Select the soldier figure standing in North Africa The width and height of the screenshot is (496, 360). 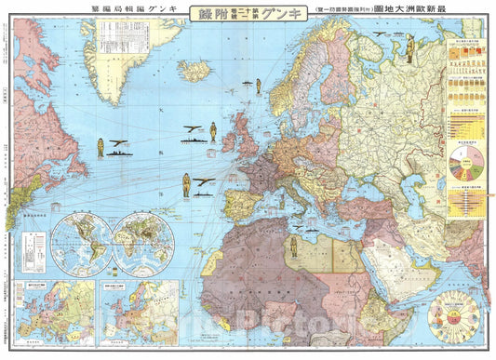point(293,246)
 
